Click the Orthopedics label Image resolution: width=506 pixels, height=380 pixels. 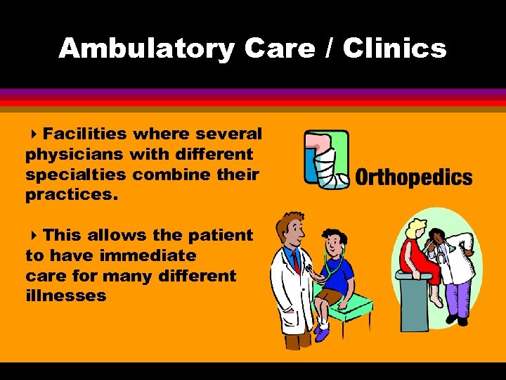pos(414,177)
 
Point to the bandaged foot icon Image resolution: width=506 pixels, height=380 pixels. pos(327,160)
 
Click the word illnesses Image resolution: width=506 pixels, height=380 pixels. pos(65,296)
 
